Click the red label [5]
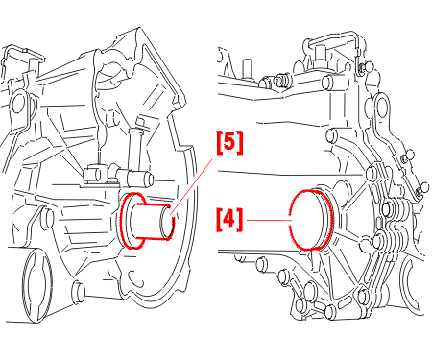[229, 142]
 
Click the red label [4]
[229, 220]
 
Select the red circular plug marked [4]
[311, 220]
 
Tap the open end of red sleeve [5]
[167, 222]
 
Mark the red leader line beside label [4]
[268, 220]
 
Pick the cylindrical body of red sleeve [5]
[151, 222]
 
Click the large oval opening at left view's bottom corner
[36, 285]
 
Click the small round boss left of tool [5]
[47, 218]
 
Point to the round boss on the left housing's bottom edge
[79, 292]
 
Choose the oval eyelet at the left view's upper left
[18, 103]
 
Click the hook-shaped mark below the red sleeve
[135, 277]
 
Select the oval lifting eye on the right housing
[382, 107]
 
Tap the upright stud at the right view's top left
[246, 69]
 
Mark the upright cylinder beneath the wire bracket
[320, 55]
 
